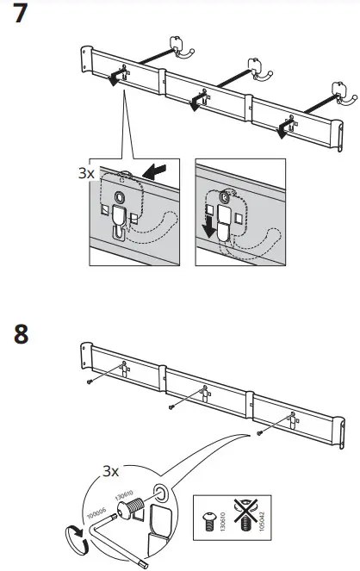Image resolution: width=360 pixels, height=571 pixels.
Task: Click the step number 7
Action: point(17,16)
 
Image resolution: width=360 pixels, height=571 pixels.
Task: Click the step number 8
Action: point(17,334)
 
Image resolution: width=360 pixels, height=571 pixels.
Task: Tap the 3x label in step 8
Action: point(109,471)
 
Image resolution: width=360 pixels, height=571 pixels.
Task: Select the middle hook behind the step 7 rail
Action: point(256,68)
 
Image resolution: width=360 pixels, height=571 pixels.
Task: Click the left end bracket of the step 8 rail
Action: point(86,353)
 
